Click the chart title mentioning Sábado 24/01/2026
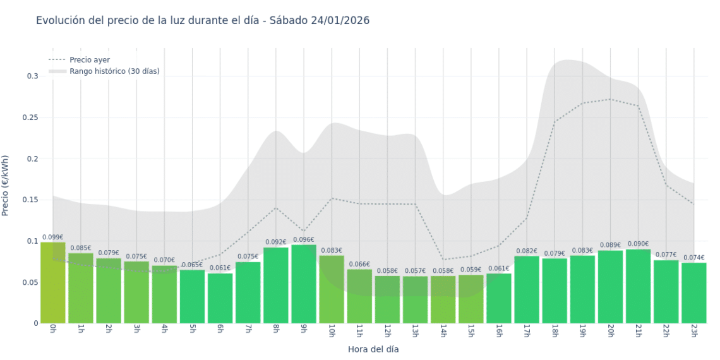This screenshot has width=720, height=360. (203, 20)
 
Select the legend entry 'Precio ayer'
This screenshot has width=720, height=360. (89, 60)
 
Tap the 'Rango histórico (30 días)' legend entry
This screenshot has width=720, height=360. (114, 71)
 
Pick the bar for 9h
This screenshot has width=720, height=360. (304, 284)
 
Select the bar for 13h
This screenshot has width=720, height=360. (415, 300)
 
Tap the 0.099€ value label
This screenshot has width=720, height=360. (53, 237)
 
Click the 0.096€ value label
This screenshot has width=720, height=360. (304, 240)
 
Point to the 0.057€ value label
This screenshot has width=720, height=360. (415, 271)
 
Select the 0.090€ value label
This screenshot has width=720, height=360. (638, 244)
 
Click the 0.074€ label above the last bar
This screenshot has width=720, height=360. (694, 258)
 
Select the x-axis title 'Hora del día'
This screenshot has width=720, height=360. (373, 349)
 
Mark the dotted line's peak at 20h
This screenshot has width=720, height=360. (610, 99)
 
